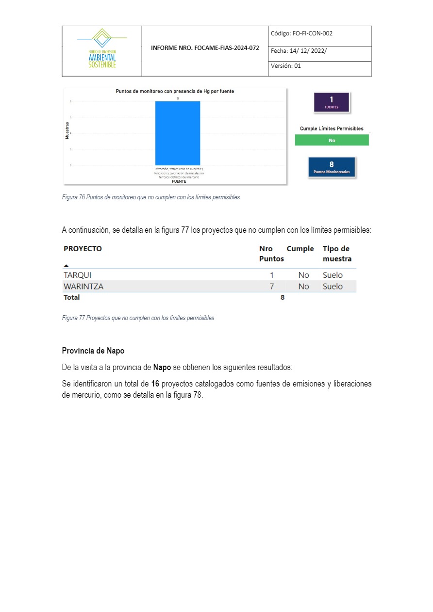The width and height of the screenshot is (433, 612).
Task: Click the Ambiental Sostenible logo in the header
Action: click(x=102, y=50)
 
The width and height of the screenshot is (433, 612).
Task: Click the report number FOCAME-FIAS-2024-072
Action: click(x=205, y=48)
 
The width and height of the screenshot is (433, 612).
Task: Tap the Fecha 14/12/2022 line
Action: click(x=299, y=50)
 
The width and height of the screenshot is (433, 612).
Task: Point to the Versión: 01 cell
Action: click(x=286, y=66)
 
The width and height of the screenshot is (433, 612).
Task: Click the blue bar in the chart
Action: click(x=178, y=133)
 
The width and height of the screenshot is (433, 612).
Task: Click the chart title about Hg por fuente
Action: click(x=175, y=91)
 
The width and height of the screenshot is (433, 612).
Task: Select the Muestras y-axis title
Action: click(x=67, y=130)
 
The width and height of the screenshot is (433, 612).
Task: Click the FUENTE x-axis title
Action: click(x=179, y=181)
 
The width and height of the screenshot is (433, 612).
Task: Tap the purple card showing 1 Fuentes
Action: click(x=332, y=102)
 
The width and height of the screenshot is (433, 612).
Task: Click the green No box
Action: click(x=332, y=140)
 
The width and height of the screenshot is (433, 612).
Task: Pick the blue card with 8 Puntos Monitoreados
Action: click(x=332, y=167)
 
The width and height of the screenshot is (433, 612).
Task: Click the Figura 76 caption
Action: click(x=150, y=197)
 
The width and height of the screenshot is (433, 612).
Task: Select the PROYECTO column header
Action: click(x=83, y=249)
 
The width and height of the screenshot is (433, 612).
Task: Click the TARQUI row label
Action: click(x=77, y=275)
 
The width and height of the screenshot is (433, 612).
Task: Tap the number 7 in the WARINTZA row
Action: click(x=272, y=287)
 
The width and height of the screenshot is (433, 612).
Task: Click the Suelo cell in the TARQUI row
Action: click(x=333, y=275)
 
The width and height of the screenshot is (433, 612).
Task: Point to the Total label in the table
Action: click(x=71, y=297)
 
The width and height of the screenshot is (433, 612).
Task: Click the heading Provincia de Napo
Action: click(x=93, y=351)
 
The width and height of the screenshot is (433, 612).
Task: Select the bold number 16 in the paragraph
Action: click(x=155, y=384)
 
